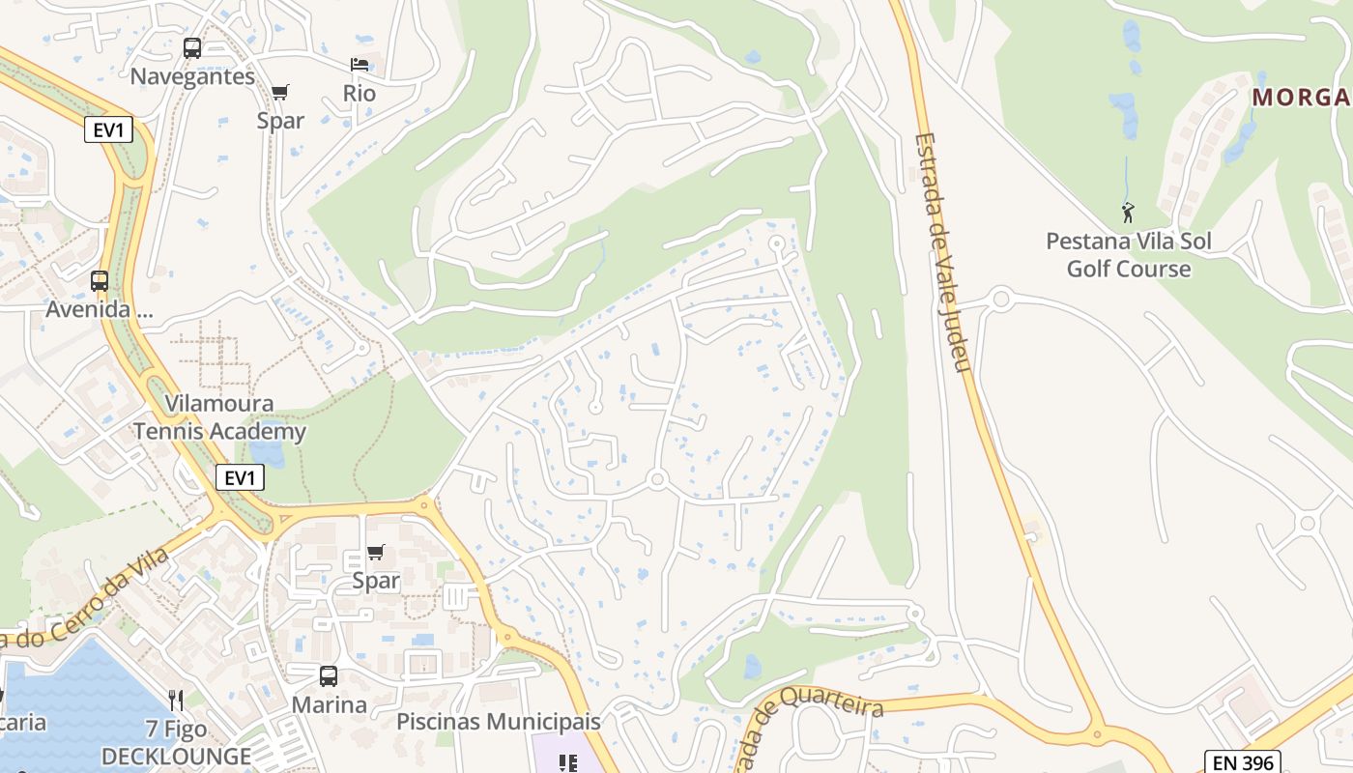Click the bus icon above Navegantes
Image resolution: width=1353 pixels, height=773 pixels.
192,48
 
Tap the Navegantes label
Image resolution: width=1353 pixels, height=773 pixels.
192,76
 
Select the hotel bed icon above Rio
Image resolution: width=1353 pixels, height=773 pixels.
360,66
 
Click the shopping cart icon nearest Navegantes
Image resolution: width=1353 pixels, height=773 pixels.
280,93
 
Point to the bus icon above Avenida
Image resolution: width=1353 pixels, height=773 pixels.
100,281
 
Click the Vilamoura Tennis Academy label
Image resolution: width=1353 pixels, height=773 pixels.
219,417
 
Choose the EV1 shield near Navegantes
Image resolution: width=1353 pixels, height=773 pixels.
108,129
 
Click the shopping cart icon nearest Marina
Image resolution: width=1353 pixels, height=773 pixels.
376,553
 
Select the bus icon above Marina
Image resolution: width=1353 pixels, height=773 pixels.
329,676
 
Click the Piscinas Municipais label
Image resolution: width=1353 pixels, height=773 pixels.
499,722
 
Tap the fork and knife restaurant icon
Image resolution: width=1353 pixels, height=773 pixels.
176,700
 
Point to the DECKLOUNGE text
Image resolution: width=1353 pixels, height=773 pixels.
176,756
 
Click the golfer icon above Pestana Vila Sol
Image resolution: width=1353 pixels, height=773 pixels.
1128,213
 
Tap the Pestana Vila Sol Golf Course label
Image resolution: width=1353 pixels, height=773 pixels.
1129,254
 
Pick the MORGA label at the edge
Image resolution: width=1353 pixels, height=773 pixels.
1301,97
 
